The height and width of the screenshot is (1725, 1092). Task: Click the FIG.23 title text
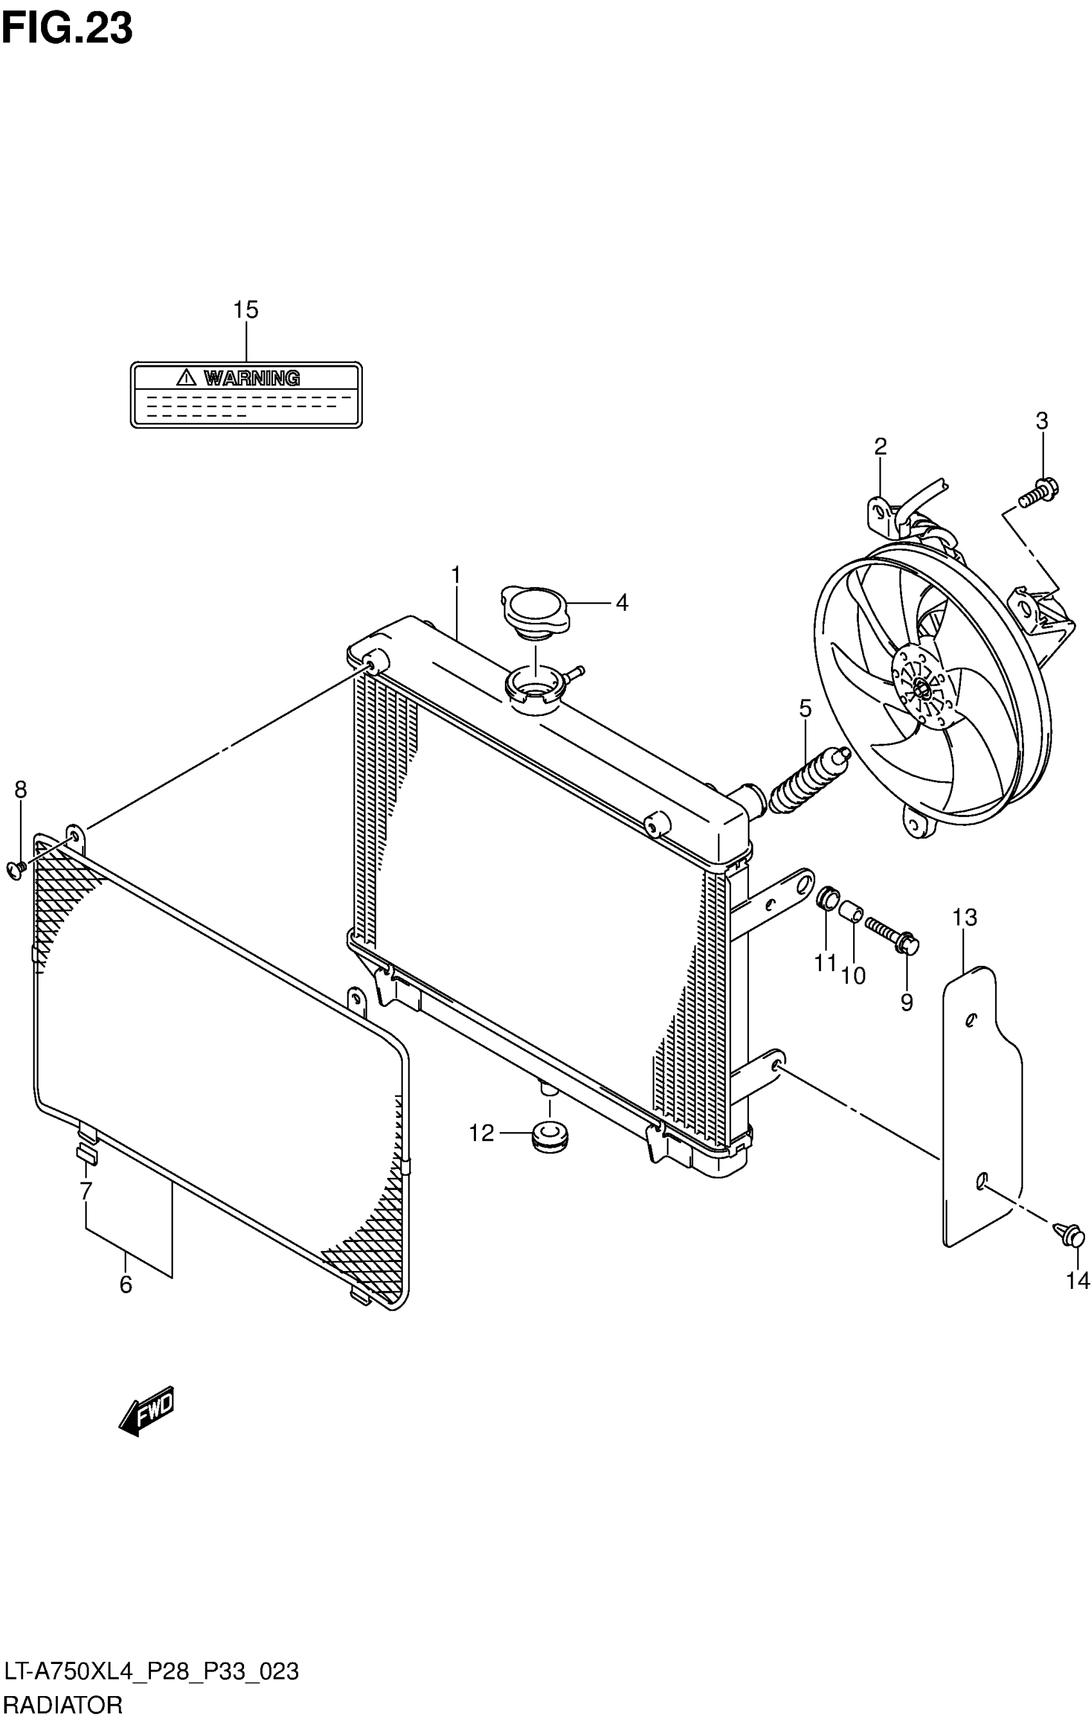point(68,29)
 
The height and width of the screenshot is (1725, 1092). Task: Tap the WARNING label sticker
point(246,395)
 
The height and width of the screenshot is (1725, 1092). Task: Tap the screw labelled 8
point(17,869)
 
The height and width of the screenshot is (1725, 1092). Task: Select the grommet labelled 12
point(550,1135)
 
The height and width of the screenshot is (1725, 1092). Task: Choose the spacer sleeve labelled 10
point(852,913)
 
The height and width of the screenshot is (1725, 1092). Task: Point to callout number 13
point(964,917)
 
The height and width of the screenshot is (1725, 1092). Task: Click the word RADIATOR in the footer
point(63,1706)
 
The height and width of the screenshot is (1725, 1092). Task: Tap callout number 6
point(125,1284)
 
